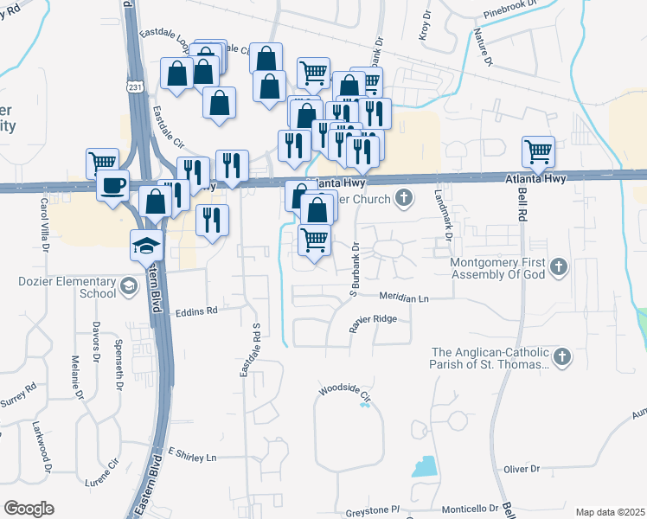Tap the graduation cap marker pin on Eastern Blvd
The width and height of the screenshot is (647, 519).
pyautogui.click(x=146, y=246)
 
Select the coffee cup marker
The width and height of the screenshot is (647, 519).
pyautogui.click(x=112, y=185)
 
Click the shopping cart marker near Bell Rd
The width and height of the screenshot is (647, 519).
pyautogui.click(x=538, y=152)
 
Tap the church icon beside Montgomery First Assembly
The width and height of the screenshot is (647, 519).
pyautogui.click(x=559, y=266)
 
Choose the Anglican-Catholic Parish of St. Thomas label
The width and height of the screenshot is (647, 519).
pyautogui.click(x=490, y=358)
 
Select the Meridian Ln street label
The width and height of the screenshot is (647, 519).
pyautogui.click(x=403, y=298)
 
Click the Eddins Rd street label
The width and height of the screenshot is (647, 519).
pyautogui.click(x=197, y=310)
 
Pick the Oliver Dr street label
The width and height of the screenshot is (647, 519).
pyautogui.click(x=522, y=469)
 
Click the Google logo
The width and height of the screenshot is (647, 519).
pyautogui.click(x=29, y=509)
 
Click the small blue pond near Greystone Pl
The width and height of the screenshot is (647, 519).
pyautogui.click(x=425, y=466)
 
